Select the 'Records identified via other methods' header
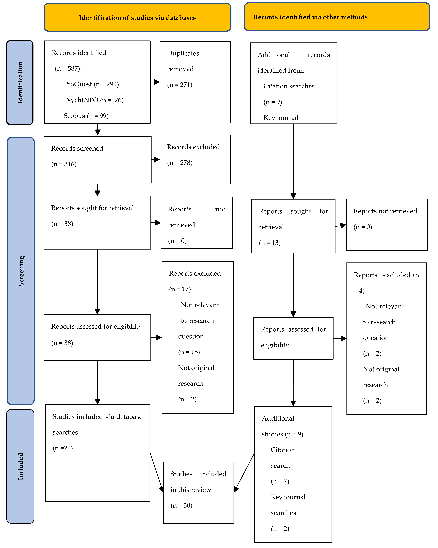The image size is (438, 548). coord(310,17)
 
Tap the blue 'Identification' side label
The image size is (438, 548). coord(20,83)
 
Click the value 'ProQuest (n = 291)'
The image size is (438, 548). coord(91,84)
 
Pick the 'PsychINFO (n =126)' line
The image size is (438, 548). coord(93,100)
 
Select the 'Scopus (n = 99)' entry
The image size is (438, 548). coord(86,116)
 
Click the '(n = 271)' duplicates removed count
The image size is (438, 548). coord(180,85)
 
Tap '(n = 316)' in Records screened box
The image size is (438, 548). coord(64,164)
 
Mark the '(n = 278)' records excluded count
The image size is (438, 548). coord(180,163)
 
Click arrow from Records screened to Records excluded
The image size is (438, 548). coord(156,160)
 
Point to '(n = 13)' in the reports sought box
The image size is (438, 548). coord(270,243)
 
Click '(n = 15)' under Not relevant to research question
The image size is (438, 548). coord(189,352)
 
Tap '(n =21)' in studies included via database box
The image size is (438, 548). coord(63,448)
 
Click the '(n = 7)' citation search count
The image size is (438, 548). coord(280,481)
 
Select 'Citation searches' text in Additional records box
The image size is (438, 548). coord(289,86)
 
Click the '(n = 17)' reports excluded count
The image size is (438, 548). coord(180,289)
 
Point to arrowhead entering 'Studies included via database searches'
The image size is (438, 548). coord(97,401)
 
